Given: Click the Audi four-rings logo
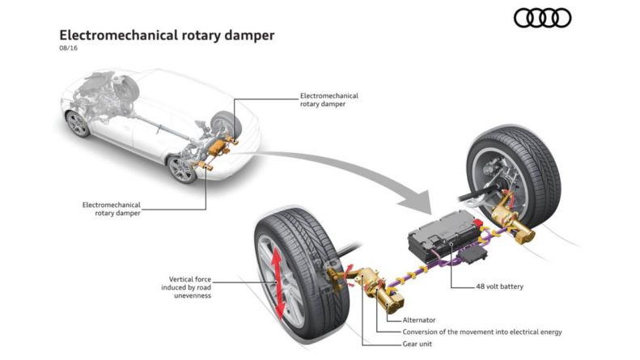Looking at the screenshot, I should (543, 18).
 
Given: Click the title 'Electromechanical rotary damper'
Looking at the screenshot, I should (167, 36).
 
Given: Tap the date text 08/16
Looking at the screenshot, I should (69, 49).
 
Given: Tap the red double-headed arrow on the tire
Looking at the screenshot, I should (275, 283).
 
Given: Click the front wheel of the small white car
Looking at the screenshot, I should (78, 123).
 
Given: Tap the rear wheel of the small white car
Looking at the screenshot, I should (180, 168).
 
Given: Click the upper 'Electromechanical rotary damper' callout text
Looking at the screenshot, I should (328, 100).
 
